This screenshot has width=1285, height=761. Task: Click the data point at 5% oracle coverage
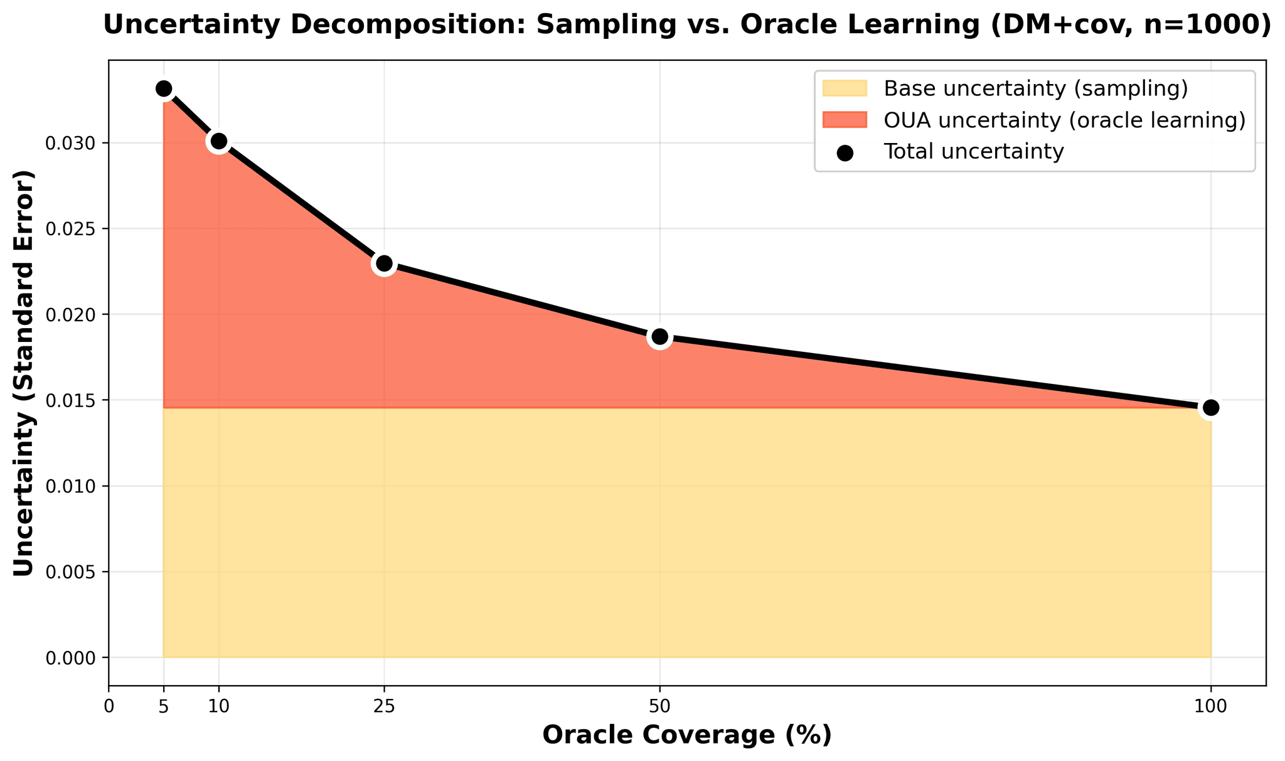coord(164,89)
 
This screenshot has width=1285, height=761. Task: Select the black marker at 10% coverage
coord(218,142)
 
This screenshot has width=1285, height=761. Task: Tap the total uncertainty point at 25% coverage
coord(384,263)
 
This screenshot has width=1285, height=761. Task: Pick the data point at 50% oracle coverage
coord(659,337)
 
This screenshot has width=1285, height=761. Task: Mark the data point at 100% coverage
coord(1210,408)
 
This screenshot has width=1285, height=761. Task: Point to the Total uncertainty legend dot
coord(845,152)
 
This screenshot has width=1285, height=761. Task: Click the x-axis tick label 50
coord(659,706)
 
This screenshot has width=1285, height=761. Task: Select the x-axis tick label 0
coord(109,706)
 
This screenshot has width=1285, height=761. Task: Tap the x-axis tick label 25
coord(384,706)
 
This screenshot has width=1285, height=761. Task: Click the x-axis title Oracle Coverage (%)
coord(687,735)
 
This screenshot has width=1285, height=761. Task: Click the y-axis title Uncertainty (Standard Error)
coord(24,373)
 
